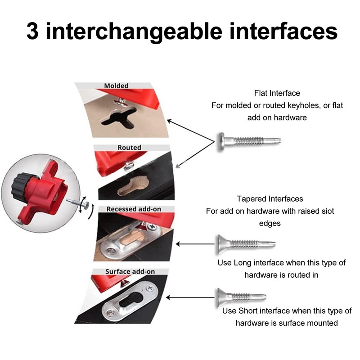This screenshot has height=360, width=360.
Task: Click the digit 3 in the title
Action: coord(32,31)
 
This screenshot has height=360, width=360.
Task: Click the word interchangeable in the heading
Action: coord(134,31)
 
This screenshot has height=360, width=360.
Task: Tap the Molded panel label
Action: coord(116,85)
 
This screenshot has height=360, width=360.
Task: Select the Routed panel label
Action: coord(129,148)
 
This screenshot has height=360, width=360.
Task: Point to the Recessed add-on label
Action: coord(134,209)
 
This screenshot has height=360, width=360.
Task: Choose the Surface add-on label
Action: coord(130,271)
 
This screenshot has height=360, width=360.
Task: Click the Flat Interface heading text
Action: coord(277,93)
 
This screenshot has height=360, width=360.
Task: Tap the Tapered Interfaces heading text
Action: coord(270,198)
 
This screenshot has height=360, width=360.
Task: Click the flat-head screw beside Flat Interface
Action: coord(249,141)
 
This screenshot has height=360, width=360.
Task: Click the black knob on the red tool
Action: coord(21,186)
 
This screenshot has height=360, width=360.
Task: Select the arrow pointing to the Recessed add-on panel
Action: coord(195,244)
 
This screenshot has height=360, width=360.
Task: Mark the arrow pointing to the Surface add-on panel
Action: coord(190,297)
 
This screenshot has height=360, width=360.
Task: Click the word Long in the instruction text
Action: coord(243,263)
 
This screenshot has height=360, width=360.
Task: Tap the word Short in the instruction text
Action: coord(248,310)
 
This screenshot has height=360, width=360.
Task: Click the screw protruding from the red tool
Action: coord(77,203)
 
